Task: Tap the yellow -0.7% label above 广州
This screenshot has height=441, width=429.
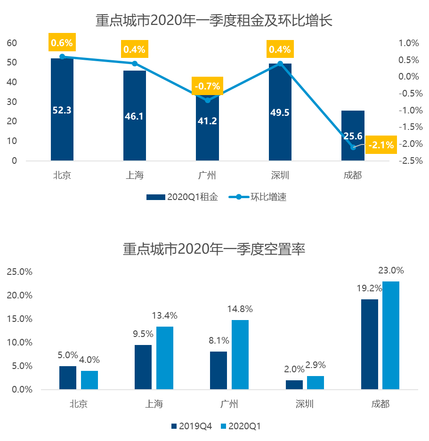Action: click(x=207, y=86)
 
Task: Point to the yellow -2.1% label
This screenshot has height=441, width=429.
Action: click(x=381, y=145)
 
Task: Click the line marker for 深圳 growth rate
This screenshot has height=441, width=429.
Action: click(x=280, y=63)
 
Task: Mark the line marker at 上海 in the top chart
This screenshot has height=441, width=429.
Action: click(x=134, y=64)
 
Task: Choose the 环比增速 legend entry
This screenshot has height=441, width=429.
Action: click(x=259, y=197)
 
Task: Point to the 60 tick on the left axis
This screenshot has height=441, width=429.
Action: click(x=12, y=43)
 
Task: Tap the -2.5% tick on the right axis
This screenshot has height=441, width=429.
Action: click(x=408, y=160)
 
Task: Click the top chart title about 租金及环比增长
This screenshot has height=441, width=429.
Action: click(x=214, y=21)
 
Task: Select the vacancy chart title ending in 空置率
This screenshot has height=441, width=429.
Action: click(x=214, y=249)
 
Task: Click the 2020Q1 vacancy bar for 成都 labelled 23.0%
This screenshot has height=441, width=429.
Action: click(x=391, y=335)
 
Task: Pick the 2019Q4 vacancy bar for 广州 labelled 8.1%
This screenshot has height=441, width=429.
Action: click(x=219, y=370)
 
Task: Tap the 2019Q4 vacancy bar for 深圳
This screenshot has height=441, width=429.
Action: click(x=294, y=385)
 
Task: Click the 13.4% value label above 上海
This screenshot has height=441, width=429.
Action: click(x=164, y=315)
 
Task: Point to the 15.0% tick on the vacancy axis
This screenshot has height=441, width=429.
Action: click(x=19, y=319)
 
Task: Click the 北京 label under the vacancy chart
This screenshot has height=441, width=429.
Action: click(x=79, y=404)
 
